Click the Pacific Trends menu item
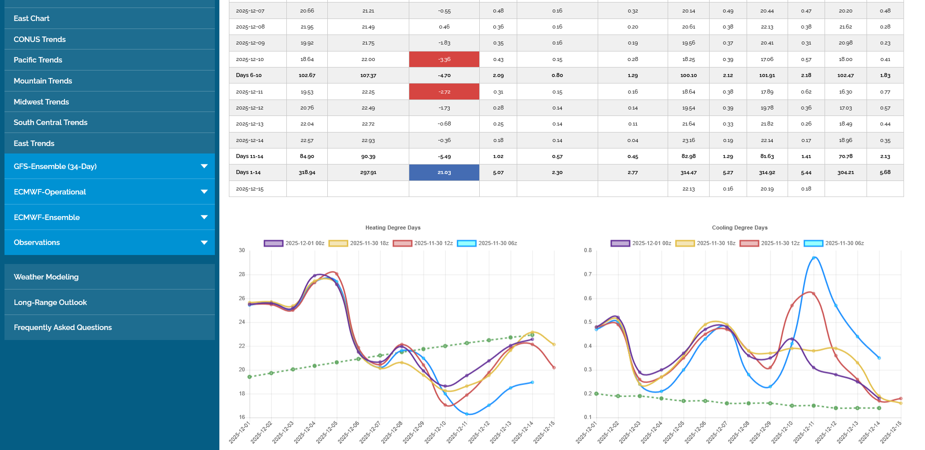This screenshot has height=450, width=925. pyautogui.click(x=38, y=60)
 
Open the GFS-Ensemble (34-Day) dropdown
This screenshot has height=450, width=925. pyautogui.click(x=55, y=166)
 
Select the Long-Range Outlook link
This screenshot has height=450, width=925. pyautogui.click(x=50, y=302)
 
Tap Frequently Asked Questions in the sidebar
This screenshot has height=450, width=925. pyautogui.click(x=63, y=327)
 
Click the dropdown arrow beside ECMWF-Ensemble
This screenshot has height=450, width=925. pyautogui.click(x=204, y=217)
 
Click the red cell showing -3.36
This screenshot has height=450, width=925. pyautogui.click(x=444, y=59)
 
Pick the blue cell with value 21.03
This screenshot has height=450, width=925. pyautogui.click(x=444, y=172)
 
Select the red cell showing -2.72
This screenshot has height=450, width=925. pyautogui.click(x=444, y=92)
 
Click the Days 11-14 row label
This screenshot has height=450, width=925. pyautogui.click(x=249, y=156)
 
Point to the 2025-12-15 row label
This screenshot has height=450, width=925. pyautogui.click(x=249, y=189)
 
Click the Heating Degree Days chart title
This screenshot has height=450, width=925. pyautogui.click(x=393, y=227)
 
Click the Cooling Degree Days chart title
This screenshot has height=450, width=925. pyautogui.click(x=740, y=227)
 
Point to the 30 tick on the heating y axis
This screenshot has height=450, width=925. pyautogui.click(x=242, y=250)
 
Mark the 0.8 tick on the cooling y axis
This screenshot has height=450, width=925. pyautogui.click(x=588, y=250)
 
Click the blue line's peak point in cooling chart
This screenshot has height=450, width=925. pyautogui.click(x=814, y=258)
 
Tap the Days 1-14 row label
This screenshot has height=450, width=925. pyautogui.click(x=248, y=172)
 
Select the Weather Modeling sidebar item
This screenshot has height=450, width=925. pyautogui.click(x=46, y=277)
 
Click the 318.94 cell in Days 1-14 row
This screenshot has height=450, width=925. pyautogui.click(x=307, y=172)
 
